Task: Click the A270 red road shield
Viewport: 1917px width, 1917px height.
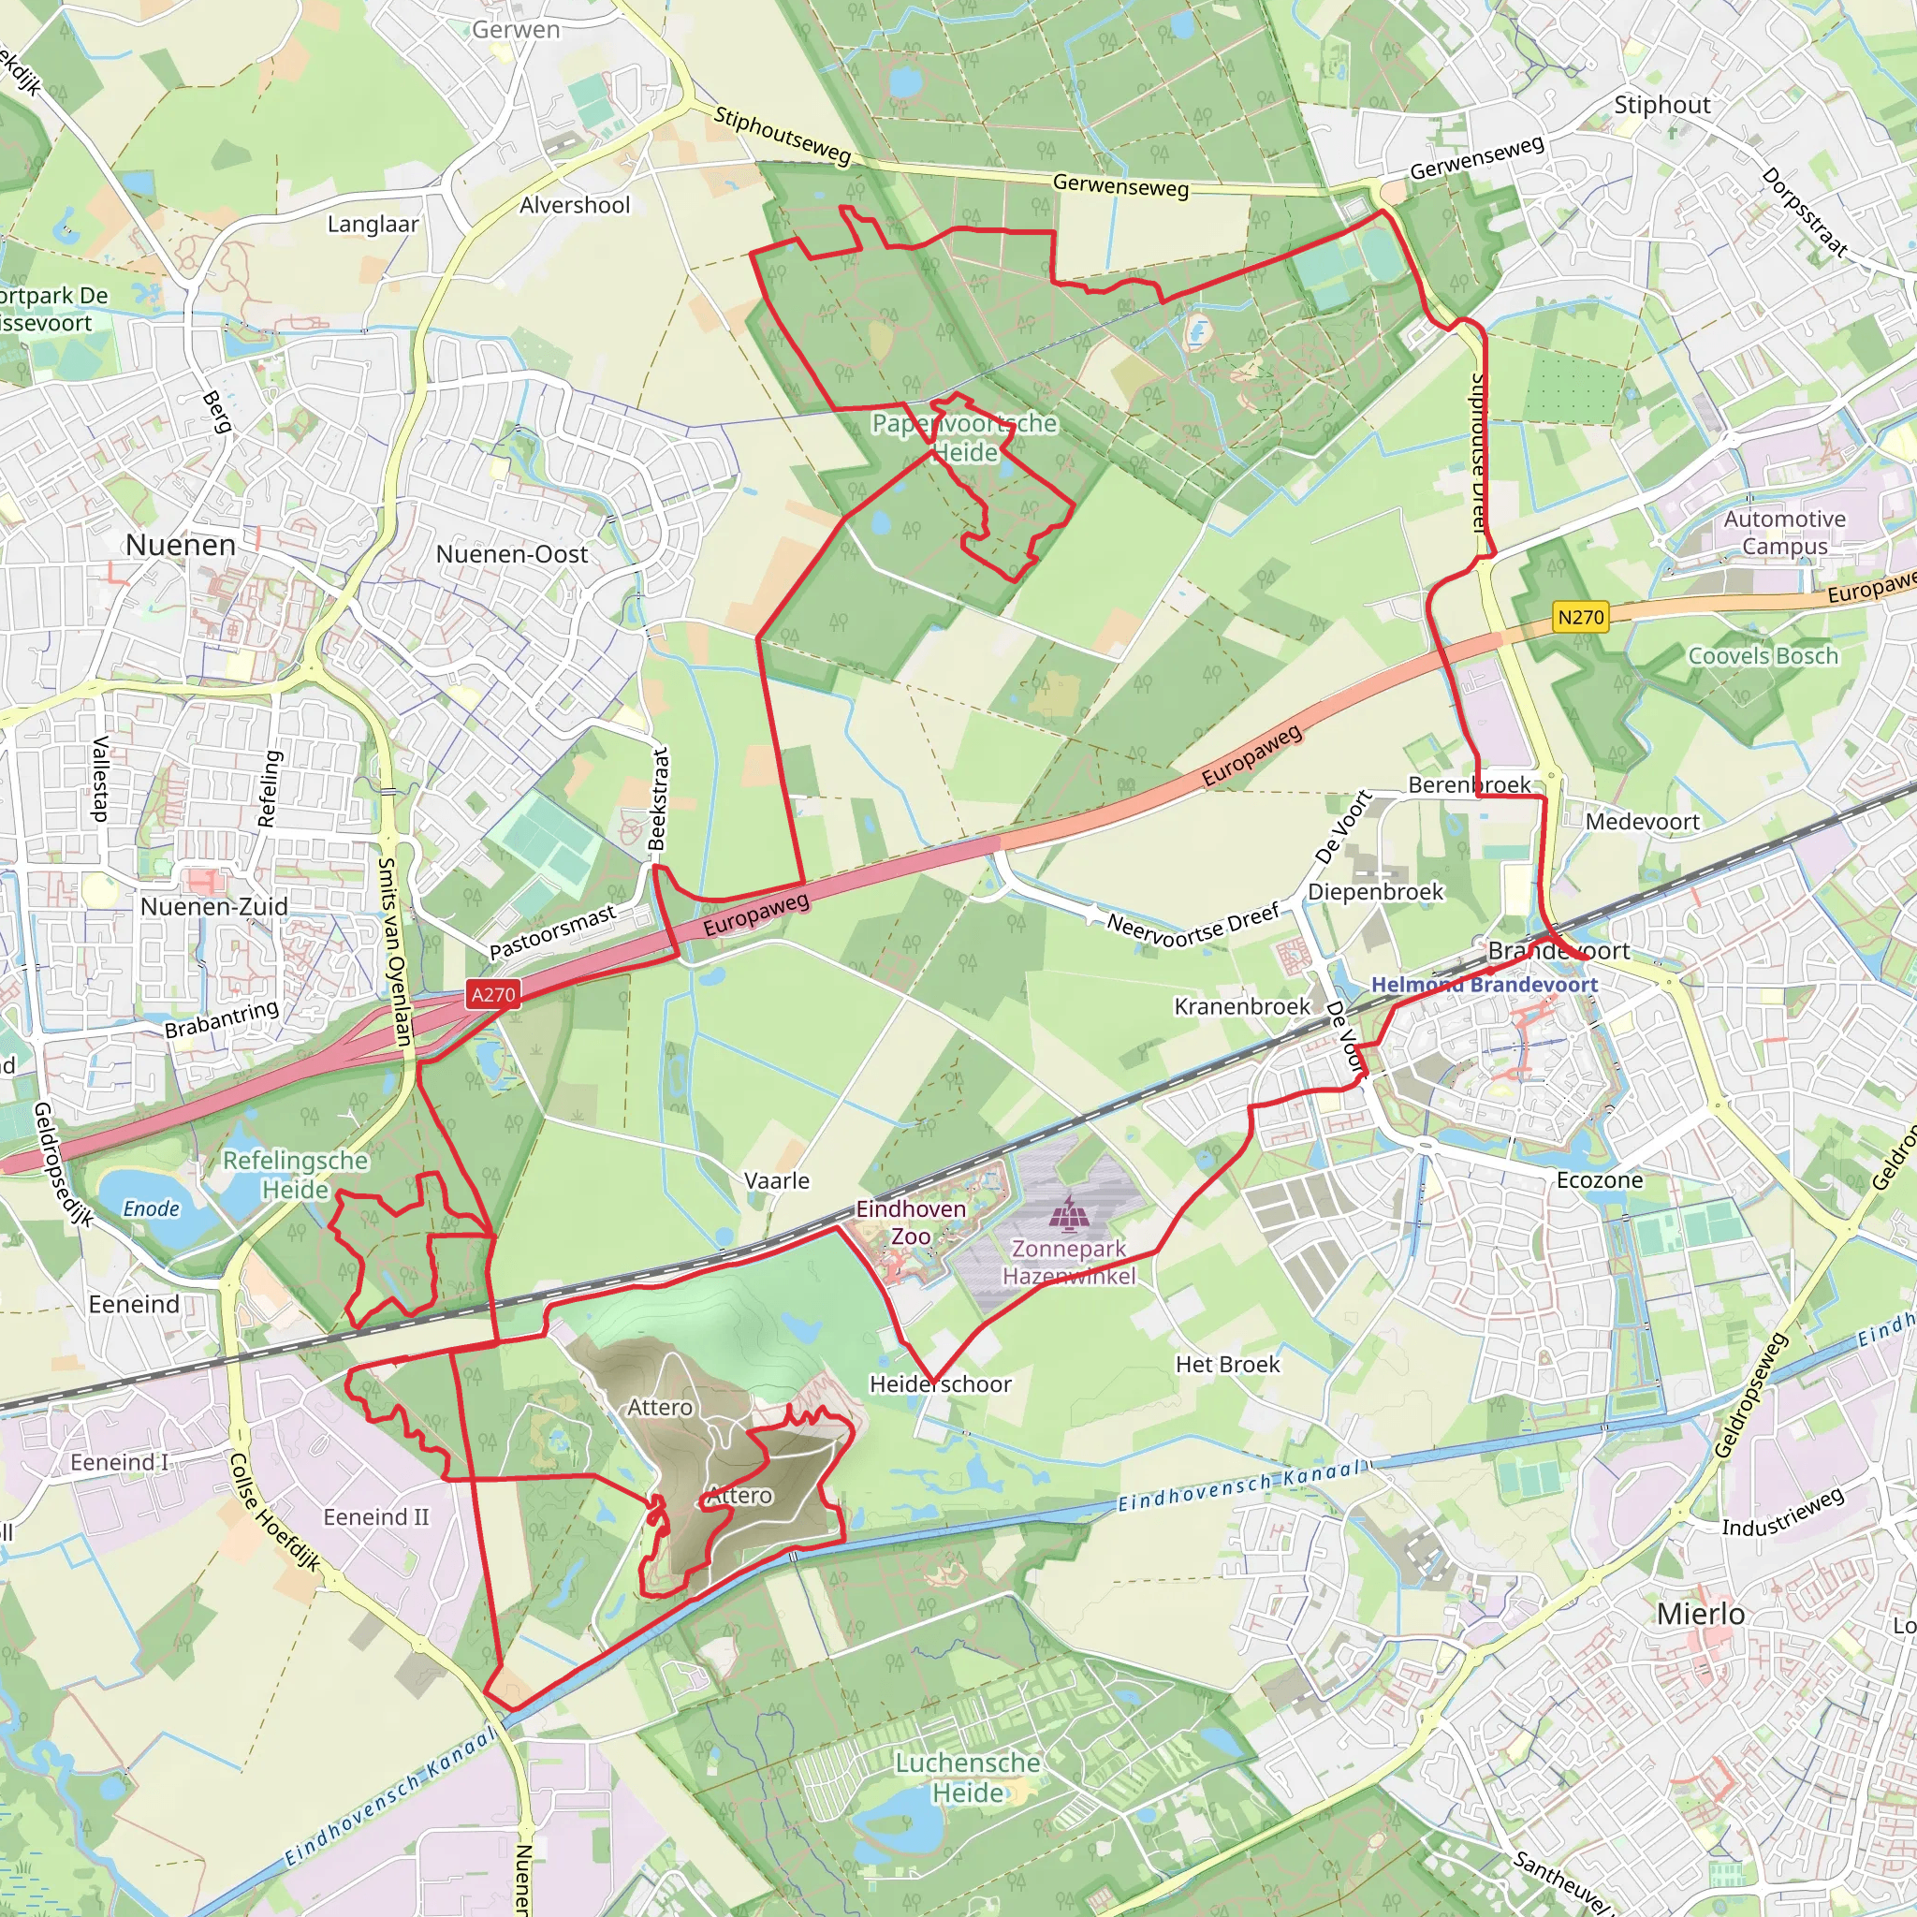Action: click(493, 994)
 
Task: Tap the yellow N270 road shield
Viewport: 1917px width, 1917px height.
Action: click(1581, 617)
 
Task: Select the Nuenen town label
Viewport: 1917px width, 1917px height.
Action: click(181, 545)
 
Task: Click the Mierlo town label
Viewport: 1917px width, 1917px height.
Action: click(1701, 1614)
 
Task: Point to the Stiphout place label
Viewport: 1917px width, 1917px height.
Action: click(1662, 104)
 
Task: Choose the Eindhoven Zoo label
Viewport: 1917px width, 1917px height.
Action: click(911, 1222)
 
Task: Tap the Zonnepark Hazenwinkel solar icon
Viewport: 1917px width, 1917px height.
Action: click(1068, 1211)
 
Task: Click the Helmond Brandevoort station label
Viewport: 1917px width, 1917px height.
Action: click(1485, 985)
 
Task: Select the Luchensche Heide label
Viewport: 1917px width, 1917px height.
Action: click(968, 1778)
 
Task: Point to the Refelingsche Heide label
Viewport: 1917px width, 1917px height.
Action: click(295, 1174)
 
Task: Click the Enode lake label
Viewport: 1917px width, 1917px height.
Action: click(151, 1208)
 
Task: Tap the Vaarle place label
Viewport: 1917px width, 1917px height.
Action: click(777, 1180)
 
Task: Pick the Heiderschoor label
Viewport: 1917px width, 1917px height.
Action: click(941, 1384)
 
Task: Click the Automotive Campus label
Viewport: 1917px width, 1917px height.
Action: click(1784, 533)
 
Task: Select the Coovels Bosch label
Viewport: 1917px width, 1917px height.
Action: click(1763, 656)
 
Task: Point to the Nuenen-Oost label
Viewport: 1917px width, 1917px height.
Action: click(512, 555)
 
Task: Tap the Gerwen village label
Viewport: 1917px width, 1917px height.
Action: click(516, 30)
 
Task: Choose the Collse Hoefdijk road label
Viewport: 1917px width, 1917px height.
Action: click(275, 1514)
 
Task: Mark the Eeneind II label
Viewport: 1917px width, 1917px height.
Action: click(376, 1517)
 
